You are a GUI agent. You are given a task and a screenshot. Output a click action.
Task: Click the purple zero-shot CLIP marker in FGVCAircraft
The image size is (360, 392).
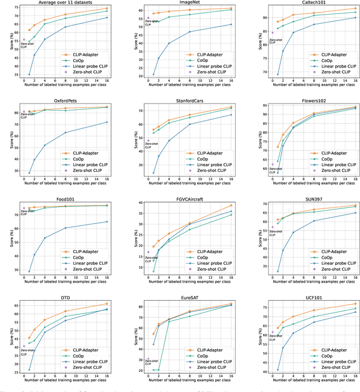[x=148, y=252]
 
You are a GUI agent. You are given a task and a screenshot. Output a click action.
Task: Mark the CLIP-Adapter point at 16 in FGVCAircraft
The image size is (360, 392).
[x=231, y=206]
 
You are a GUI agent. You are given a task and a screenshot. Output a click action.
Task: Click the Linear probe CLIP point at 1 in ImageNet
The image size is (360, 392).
[x=153, y=74]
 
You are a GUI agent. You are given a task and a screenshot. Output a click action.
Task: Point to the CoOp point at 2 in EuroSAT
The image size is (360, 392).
[x=159, y=370]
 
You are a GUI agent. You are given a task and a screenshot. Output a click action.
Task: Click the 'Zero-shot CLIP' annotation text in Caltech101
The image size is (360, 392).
[x=276, y=41]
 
